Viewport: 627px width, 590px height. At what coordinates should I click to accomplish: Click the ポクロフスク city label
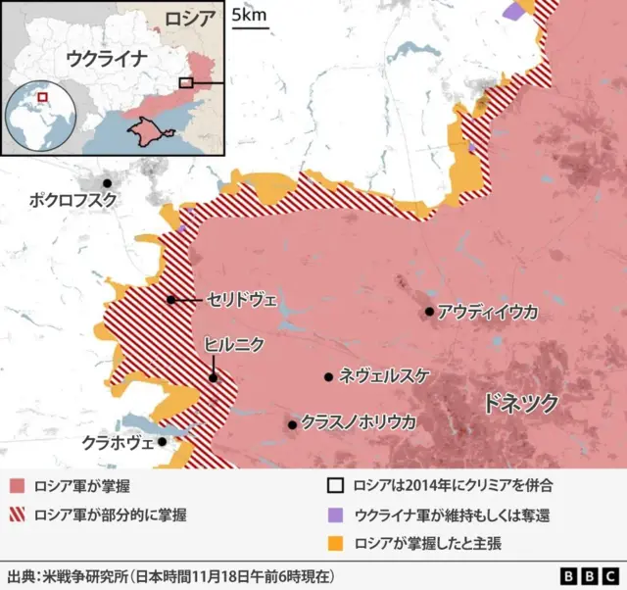click(x=72, y=200)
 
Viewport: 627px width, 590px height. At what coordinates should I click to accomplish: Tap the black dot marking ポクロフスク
click(x=107, y=183)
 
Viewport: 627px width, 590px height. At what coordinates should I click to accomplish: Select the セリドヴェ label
click(x=242, y=300)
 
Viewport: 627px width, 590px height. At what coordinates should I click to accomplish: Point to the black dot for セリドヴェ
click(x=171, y=300)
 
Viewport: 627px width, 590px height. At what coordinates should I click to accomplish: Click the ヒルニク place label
click(x=232, y=344)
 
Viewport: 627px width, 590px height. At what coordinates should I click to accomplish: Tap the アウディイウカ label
click(x=488, y=312)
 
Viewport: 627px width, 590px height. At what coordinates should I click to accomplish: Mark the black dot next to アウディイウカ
click(x=429, y=312)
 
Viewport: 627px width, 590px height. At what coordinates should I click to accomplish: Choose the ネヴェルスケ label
click(x=383, y=376)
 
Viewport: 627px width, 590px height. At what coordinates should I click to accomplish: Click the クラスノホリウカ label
click(x=359, y=423)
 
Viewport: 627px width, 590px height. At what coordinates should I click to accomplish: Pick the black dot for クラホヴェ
click(x=163, y=442)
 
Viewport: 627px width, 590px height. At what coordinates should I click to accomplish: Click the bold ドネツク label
click(x=521, y=403)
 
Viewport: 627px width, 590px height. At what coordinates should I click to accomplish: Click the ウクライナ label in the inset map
click(x=106, y=58)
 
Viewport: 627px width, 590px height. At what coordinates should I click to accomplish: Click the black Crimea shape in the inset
click(x=147, y=130)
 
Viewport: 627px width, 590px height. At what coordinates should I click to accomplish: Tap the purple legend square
click(x=335, y=514)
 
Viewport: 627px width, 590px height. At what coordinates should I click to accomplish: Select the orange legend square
click(x=335, y=542)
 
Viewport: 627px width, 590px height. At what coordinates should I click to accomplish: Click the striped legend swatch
click(x=17, y=514)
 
